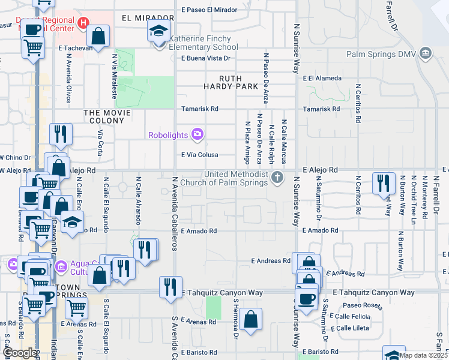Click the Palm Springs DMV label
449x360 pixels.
[389, 54]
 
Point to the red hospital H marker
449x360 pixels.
[83, 22]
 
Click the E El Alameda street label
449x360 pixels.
[322, 78]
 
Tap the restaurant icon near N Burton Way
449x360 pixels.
[383, 184]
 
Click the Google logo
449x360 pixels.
[19, 353]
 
